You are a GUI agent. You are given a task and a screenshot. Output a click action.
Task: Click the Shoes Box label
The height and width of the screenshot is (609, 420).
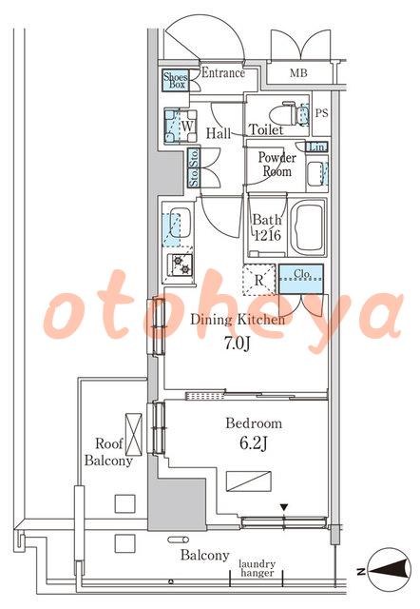[175, 80]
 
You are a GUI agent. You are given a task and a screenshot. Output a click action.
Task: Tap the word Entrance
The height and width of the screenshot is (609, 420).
[223, 72]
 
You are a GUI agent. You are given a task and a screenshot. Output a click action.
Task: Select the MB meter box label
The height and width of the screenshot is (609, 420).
[298, 72]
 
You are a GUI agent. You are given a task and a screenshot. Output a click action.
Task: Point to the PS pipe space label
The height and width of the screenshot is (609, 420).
[321, 113]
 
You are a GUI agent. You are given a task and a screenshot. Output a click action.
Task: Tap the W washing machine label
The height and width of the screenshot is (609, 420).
[187, 127]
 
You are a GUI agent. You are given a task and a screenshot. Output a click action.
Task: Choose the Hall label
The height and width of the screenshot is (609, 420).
[219, 133]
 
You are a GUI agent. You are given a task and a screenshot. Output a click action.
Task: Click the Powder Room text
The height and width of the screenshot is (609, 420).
[277, 164]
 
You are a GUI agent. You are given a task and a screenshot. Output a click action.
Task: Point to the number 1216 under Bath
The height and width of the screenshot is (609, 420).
[267, 235]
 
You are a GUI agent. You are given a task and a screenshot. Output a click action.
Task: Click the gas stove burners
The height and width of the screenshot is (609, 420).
[181, 265]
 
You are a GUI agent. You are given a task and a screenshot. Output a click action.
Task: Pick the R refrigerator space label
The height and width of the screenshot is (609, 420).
[259, 280]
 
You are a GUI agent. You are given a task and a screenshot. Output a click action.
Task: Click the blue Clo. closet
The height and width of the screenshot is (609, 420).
[301, 279]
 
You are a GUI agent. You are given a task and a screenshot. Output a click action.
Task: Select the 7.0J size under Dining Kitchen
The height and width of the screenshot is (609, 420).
[237, 343]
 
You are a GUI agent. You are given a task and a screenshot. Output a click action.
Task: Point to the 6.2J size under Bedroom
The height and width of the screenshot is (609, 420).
[254, 443]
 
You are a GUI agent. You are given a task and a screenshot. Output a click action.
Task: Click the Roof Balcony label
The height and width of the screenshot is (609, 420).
[108, 452]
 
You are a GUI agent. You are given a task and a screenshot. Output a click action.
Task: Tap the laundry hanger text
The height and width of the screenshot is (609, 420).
[257, 568]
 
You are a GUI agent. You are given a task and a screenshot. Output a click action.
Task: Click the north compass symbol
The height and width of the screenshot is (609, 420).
[389, 571]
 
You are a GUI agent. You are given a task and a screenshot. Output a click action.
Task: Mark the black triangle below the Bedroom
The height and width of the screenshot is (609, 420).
[284, 507]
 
